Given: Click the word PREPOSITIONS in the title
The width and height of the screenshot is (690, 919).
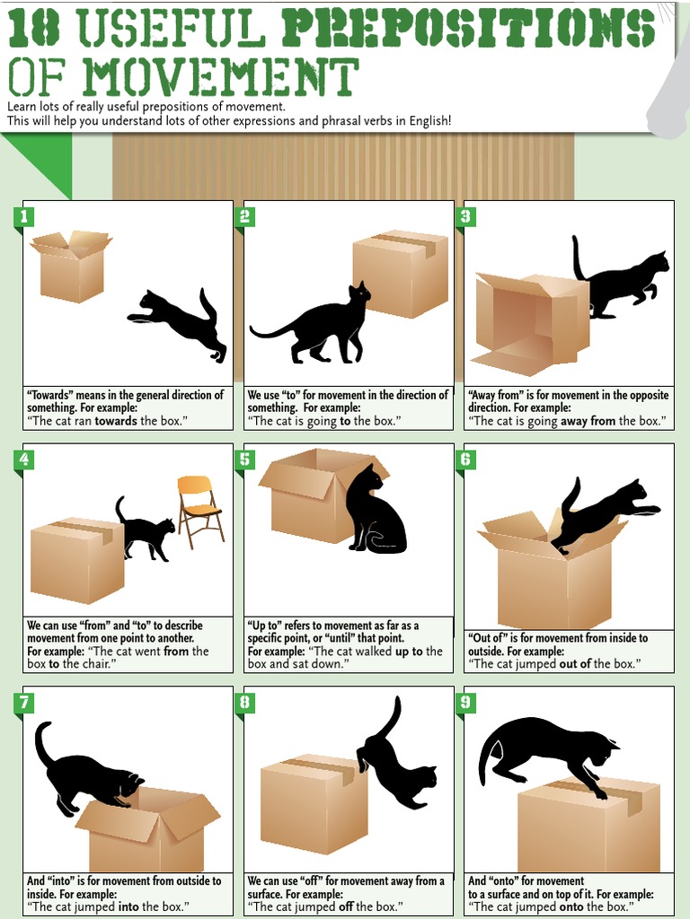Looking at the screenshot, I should pyautogui.click(x=467, y=29).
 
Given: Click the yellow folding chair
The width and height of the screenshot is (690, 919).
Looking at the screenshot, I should pyautogui.click(x=199, y=510).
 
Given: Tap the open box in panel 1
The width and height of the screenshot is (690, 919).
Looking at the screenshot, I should pyautogui.click(x=71, y=267).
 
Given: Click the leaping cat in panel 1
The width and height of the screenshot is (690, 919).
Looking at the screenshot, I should pyautogui.click(x=180, y=321).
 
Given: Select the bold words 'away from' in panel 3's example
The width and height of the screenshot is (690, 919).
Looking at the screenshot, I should pyautogui.click(x=589, y=421).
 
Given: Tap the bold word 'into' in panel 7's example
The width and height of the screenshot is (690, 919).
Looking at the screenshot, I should pyautogui.click(x=123, y=907).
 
